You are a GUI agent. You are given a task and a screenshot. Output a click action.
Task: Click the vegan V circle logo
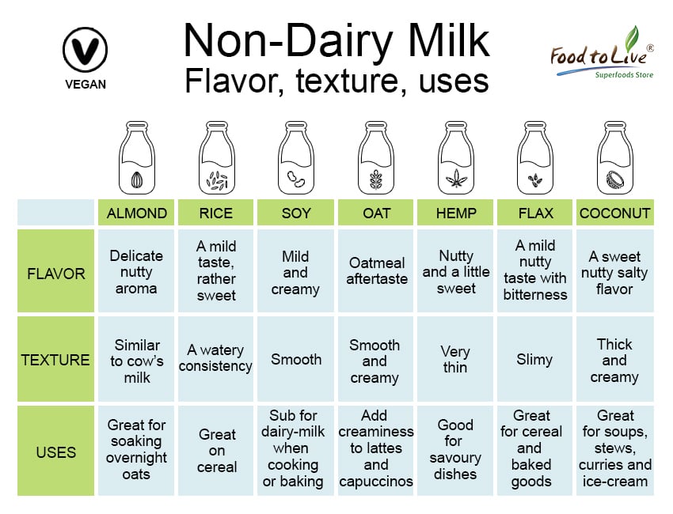(x=85, y=49)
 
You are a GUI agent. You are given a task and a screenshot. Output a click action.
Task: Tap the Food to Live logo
(x=603, y=53)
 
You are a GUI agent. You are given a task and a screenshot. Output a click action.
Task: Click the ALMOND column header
(x=136, y=213)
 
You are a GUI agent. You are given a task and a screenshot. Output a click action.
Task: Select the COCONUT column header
(x=614, y=213)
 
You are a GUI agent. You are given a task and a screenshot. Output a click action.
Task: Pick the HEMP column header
(x=455, y=213)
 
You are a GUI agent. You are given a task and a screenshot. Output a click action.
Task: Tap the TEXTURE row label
(x=55, y=359)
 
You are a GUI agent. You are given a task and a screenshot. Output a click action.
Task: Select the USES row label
(x=55, y=451)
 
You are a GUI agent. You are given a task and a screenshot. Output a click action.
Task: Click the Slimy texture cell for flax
(x=534, y=359)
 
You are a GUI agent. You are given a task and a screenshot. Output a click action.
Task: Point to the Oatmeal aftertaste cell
(x=375, y=271)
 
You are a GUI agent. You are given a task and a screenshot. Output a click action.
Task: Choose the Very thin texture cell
(x=455, y=359)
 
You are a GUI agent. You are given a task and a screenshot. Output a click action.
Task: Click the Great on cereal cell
(x=216, y=451)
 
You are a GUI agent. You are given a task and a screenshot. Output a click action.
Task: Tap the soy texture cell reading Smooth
(x=296, y=359)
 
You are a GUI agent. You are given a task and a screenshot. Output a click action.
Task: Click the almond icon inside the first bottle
(x=136, y=180)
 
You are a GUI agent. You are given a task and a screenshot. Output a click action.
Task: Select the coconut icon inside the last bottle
(x=615, y=180)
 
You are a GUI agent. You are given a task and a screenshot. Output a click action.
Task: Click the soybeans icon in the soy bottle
(x=295, y=180)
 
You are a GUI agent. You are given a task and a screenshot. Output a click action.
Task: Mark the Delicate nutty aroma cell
(x=136, y=271)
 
